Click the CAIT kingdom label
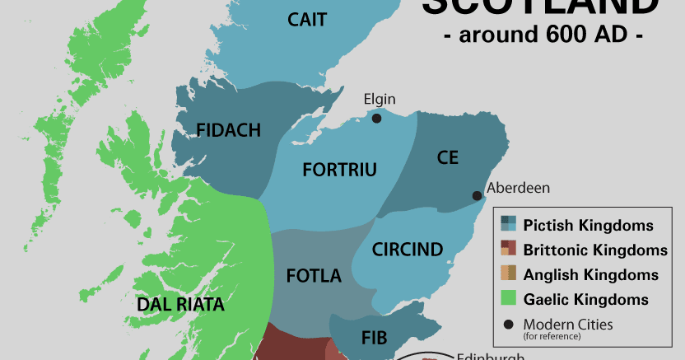[x=308, y=20]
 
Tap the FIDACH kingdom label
[x=229, y=129]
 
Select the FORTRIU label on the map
[x=339, y=171]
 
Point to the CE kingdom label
[x=448, y=157]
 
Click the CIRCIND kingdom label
[x=407, y=249]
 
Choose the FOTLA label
[x=314, y=276]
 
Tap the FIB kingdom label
[x=374, y=337]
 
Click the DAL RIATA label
[x=180, y=305]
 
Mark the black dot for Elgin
[x=376, y=118]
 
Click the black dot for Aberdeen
[x=477, y=195]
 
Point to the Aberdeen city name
[x=518, y=188]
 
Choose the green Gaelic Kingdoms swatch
[x=508, y=299]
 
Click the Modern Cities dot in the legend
[x=508, y=324]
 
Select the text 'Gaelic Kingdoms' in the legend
[x=586, y=300]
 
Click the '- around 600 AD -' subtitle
[x=543, y=35]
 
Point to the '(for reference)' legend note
[x=551, y=336]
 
